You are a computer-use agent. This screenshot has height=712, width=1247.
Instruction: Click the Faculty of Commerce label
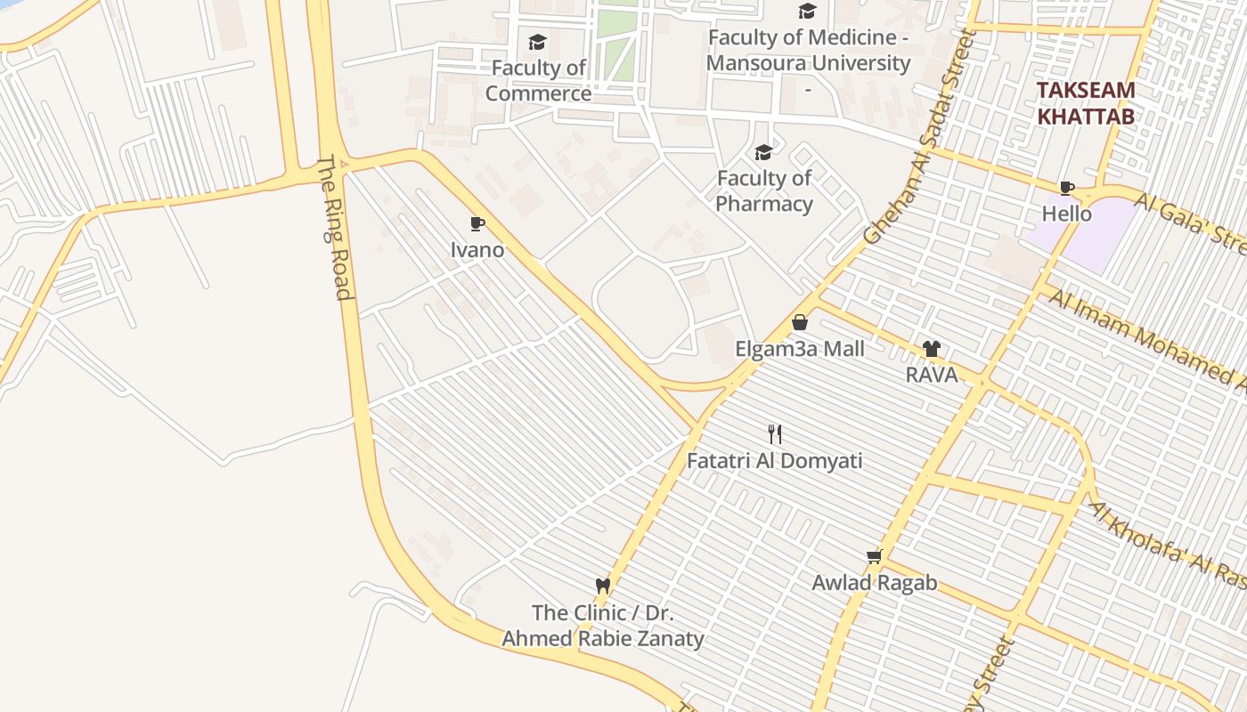point(538,80)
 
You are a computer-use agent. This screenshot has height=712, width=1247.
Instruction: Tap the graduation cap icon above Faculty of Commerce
point(537,42)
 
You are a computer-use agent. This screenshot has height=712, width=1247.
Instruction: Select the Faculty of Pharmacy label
point(764,190)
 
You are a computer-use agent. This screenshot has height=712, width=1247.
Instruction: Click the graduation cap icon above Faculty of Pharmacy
point(763,152)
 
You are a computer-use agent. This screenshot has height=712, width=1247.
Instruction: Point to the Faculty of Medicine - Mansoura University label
point(808,51)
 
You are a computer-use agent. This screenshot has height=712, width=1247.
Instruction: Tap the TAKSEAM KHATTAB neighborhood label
point(1086,103)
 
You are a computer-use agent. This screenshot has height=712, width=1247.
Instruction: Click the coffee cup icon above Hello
point(1066,188)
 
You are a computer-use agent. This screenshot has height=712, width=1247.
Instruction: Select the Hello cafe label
point(1066,214)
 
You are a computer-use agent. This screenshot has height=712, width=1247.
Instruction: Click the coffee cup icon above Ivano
point(477,223)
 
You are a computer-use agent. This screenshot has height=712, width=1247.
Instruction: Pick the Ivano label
point(477,250)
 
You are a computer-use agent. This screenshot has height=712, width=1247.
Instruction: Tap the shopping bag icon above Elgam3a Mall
point(799,321)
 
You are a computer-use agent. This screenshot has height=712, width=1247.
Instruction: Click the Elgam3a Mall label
point(799,348)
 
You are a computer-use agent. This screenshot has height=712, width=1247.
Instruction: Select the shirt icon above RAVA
point(932,349)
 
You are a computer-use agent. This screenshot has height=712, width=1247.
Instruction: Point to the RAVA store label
point(932,375)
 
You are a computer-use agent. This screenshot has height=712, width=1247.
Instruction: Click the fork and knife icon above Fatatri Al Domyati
point(775,434)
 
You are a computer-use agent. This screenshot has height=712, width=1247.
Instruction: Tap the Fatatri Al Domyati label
point(775,461)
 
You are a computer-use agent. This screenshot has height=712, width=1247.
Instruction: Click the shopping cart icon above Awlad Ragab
point(874,557)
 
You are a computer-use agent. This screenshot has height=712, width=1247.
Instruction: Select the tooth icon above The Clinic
point(603,586)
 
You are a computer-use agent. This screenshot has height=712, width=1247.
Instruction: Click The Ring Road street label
point(335,229)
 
